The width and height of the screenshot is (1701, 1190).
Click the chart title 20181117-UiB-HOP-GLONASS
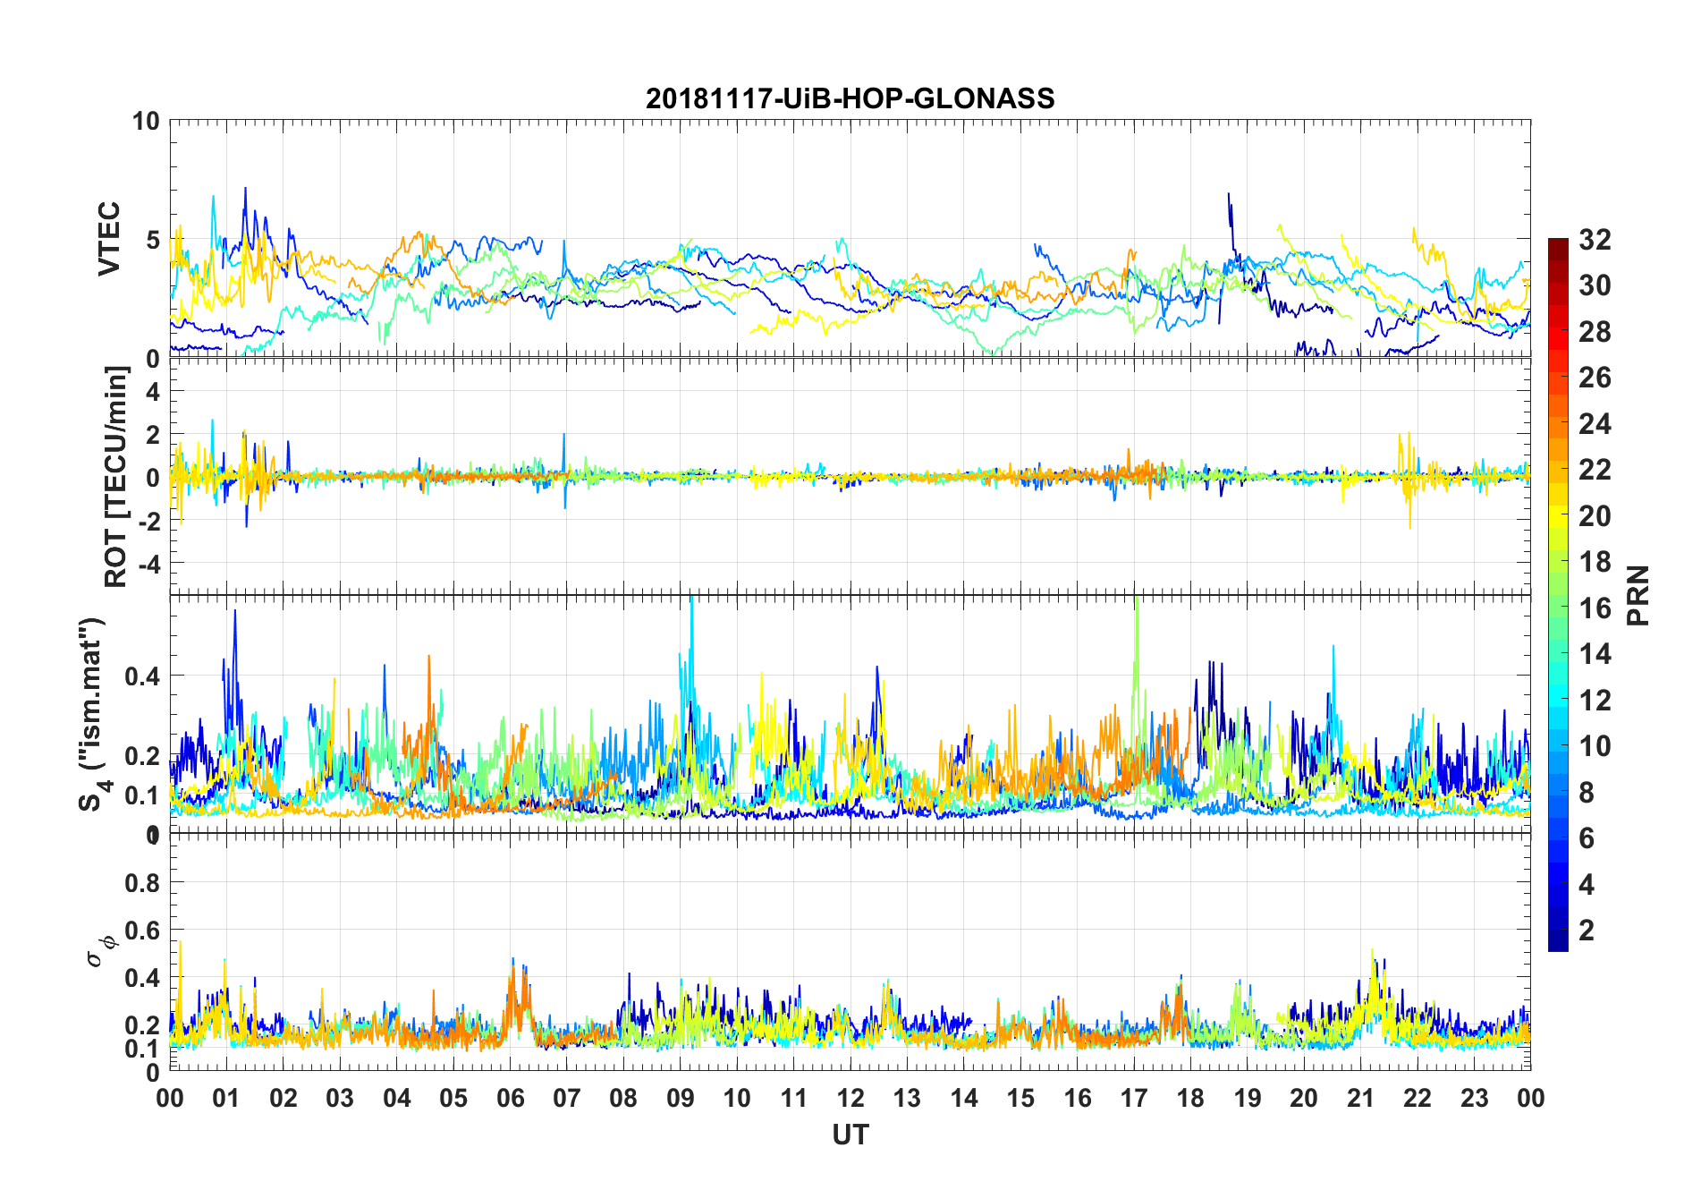tap(850, 98)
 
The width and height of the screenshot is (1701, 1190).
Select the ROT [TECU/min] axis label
tap(115, 476)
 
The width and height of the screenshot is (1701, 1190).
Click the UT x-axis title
tap(850, 1135)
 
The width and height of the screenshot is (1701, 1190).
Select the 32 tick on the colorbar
tap(1595, 240)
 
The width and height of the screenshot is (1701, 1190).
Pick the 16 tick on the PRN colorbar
tap(1595, 608)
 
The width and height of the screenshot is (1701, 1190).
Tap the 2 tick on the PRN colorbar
tap(1587, 931)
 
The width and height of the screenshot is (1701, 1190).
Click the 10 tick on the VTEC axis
tap(147, 121)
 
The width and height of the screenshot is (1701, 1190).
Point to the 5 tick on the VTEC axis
tap(153, 240)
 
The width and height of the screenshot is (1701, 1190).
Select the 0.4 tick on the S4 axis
tap(142, 676)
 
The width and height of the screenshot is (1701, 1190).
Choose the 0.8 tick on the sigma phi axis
tap(142, 883)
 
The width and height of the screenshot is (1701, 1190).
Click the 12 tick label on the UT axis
tap(850, 1099)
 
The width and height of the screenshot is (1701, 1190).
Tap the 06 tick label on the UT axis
tap(510, 1099)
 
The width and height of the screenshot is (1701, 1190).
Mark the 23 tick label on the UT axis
tap(1474, 1099)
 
